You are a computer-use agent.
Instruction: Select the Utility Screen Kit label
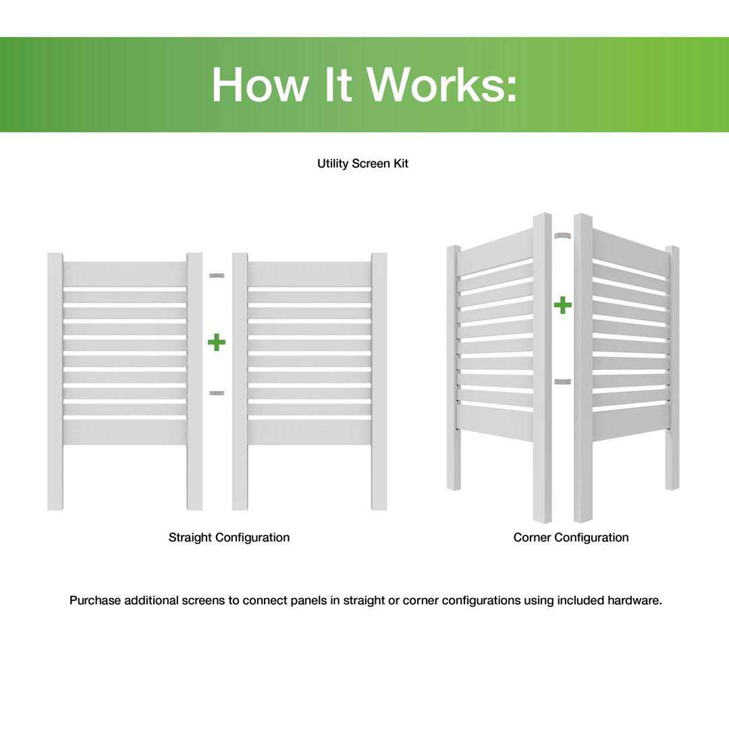pyautogui.click(x=362, y=164)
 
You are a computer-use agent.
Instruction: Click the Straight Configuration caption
pyautogui.click(x=229, y=537)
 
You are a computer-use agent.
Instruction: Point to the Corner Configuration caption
pyautogui.click(x=570, y=537)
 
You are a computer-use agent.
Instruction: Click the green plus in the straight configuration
pyautogui.click(x=217, y=342)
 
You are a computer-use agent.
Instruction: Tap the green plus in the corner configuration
pyautogui.click(x=562, y=306)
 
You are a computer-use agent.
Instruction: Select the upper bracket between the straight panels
pyautogui.click(x=217, y=275)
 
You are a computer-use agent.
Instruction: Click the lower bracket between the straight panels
pyautogui.click(x=217, y=393)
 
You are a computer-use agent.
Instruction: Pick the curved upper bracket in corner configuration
pyautogui.click(x=562, y=236)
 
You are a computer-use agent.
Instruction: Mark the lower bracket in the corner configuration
pyautogui.click(x=562, y=382)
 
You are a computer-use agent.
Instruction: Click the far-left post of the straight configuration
pyautogui.click(x=55, y=381)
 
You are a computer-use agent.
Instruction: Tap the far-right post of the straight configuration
pyautogui.click(x=379, y=381)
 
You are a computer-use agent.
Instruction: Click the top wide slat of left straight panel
pyautogui.click(x=125, y=274)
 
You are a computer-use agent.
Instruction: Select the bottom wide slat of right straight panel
pyautogui.click(x=310, y=432)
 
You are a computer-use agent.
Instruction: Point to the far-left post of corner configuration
pyautogui.click(x=453, y=368)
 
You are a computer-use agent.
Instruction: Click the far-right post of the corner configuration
pyautogui.click(x=672, y=368)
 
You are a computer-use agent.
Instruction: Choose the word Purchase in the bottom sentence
pyautogui.click(x=94, y=601)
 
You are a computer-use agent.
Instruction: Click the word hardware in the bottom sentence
pyautogui.click(x=634, y=601)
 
